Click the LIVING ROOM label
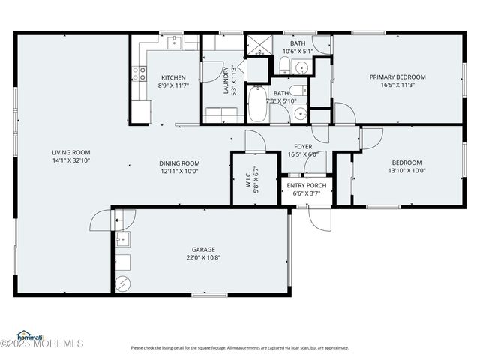66,152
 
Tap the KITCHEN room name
173,77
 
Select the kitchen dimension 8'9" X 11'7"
173,86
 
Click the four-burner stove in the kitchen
139,73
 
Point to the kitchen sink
173,40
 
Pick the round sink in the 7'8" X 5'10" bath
299,114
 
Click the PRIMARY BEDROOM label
397,76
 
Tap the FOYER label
303,147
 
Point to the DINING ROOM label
179,163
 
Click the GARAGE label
203,249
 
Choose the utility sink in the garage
123,240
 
